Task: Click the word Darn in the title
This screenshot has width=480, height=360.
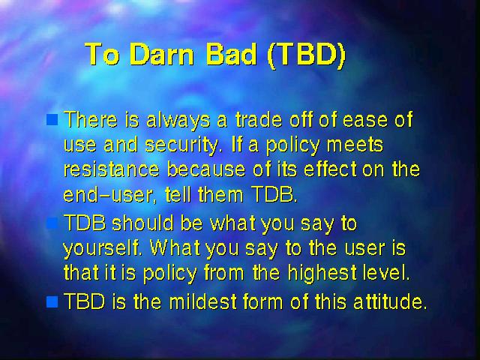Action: [x=162, y=54]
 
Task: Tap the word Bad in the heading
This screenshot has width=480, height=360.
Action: [x=231, y=54]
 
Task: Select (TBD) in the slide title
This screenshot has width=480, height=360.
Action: [x=307, y=55]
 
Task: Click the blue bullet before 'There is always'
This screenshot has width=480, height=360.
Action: [x=52, y=120]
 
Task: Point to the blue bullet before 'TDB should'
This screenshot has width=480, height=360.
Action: [x=52, y=223]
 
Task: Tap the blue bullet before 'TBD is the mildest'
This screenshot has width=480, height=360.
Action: [x=52, y=301]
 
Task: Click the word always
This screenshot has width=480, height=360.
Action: [x=178, y=120]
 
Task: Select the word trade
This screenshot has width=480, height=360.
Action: [x=259, y=119]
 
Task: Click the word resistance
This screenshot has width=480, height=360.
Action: [x=112, y=169]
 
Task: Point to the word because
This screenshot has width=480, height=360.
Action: [x=206, y=169]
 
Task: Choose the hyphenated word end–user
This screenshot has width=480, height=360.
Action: [x=107, y=194]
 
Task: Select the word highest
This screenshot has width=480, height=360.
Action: [x=322, y=273]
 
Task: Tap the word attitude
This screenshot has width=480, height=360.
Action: [x=390, y=301]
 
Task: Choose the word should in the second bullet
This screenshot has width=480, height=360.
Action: [x=142, y=223]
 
